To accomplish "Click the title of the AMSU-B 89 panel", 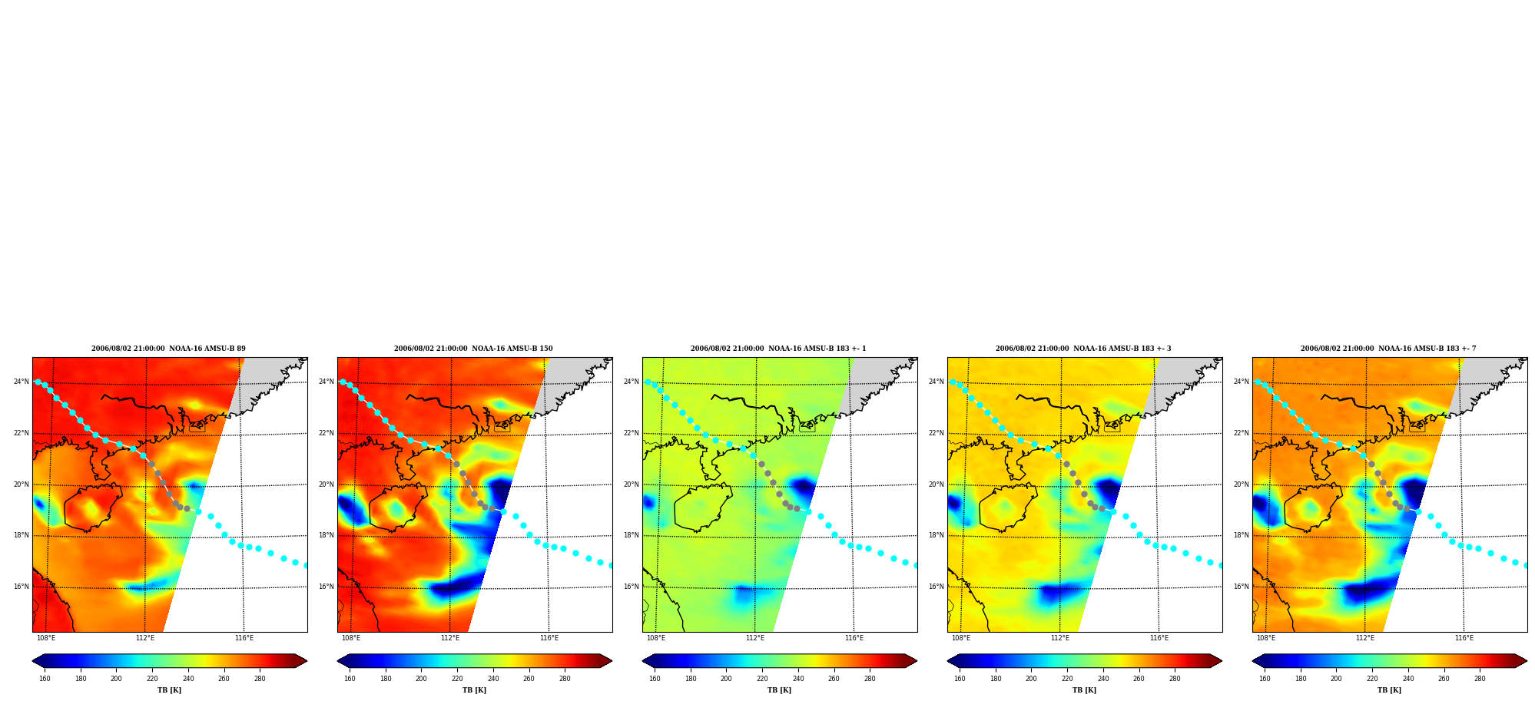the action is coord(169,349).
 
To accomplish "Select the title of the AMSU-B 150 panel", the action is coord(473,349).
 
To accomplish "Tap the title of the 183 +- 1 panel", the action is coord(778,349).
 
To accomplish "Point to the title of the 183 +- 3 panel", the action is coord(1083,349).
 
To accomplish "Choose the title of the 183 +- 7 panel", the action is coord(1388,349).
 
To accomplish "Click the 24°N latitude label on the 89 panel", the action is coord(21,382).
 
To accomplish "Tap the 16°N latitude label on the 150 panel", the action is coord(326,587).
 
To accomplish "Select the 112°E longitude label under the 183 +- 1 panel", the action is coord(755,638).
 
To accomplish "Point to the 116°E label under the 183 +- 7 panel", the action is coord(1464,638).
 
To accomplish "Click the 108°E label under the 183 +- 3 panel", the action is coord(961,638).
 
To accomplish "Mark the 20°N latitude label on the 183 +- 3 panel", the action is coord(936,484).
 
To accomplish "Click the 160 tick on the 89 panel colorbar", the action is coord(45,679).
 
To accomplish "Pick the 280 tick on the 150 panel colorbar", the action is coord(565,679).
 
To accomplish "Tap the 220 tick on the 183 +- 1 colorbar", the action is coord(762,679).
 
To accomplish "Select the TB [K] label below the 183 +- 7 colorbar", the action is coord(1389,690).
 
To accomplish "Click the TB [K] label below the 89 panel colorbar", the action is coord(170,690).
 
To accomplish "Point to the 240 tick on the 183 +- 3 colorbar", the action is coord(1103,679).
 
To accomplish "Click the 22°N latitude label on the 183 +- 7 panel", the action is coord(1241,433).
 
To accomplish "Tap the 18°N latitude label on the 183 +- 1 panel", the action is coord(631,535).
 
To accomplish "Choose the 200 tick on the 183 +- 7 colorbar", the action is coord(1336,679).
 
